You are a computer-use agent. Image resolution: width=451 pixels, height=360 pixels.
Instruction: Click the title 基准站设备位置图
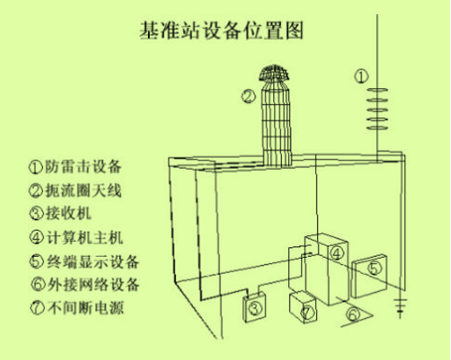(221, 30)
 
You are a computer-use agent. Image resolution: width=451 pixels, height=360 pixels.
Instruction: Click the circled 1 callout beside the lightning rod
(361, 77)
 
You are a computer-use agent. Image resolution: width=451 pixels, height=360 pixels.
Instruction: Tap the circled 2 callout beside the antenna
(248, 96)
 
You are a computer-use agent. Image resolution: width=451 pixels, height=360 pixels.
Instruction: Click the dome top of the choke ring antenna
(274, 73)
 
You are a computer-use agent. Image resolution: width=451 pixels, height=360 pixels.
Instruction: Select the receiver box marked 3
(255, 307)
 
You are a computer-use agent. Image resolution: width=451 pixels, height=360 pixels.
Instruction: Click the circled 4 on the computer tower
(336, 253)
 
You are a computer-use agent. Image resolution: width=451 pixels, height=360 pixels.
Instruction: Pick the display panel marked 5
(369, 276)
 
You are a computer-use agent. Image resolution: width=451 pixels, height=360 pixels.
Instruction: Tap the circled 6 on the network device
(353, 314)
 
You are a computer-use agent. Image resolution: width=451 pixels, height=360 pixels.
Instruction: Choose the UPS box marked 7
(303, 307)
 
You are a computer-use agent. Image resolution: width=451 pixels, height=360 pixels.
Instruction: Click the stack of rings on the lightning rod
(377, 109)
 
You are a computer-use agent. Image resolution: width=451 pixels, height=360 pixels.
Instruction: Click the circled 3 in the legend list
(36, 213)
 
